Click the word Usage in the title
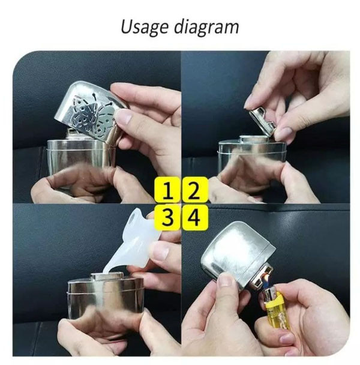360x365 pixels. pos(144,28)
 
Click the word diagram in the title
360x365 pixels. pos(206,28)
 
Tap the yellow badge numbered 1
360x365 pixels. pos(167,190)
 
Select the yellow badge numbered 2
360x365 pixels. pos(195,190)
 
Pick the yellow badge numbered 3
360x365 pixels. pos(167,217)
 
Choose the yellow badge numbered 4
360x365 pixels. pos(195,217)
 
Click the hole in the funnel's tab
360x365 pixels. pos(133,219)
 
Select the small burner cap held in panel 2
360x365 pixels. pos(262,121)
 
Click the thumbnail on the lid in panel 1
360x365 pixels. pos(122,116)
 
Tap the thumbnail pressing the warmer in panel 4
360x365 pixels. pos(225,280)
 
